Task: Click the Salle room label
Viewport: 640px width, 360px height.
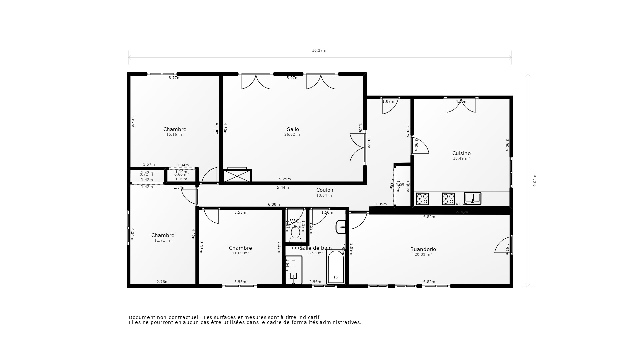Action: [293, 129]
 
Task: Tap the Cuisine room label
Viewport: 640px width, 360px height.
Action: [461, 153]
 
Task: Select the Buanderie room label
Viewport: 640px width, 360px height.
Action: [423, 249]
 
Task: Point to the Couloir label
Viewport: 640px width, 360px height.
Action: [325, 190]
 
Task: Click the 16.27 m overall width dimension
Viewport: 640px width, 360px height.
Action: [320, 51]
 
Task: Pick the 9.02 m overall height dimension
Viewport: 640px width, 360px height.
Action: [535, 180]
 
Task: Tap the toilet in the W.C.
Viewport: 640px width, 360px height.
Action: [295, 233]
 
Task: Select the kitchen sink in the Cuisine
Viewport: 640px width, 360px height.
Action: [473, 198]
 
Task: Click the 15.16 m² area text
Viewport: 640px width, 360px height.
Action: [175, 135]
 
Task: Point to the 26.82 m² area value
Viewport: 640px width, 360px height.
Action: [293, 135]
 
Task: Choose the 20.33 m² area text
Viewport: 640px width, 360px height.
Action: [423, 255]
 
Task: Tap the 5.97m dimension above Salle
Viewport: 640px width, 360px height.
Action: [292, 78]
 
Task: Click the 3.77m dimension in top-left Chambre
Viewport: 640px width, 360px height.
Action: [174, 78]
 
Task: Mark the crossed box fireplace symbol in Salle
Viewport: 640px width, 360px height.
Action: [237, 176]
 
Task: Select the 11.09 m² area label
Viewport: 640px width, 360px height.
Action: [240, 253]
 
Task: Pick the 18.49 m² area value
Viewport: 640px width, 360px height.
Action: [461, 159]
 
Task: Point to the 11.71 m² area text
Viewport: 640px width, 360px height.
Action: [163, 241]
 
